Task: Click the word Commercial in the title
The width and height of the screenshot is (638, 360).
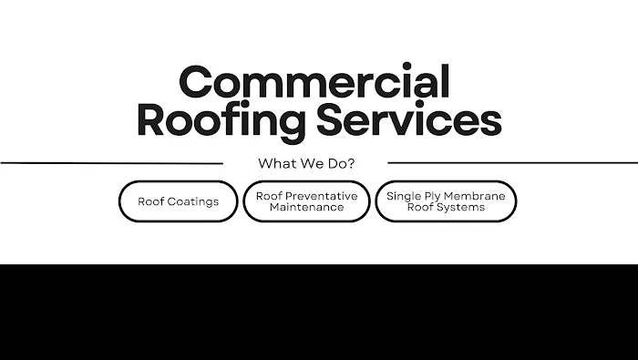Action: pyautogui.click(x=314, y=83)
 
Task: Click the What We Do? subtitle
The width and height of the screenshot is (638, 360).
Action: pyautogui.click(x=306, y=164)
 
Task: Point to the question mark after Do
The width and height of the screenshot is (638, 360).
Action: pyautogui.click(x=351, y=164)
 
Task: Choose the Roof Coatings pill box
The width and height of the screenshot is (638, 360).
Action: pyautogui.click(x=179, y=201)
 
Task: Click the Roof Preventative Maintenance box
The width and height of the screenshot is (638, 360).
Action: pyautogui.click(x=306, y=201)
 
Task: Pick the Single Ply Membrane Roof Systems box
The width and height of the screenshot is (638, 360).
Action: pyautogui.click(x=448, y=201)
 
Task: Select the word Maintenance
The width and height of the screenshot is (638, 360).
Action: pyautogui.click(x=306, y=207)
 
